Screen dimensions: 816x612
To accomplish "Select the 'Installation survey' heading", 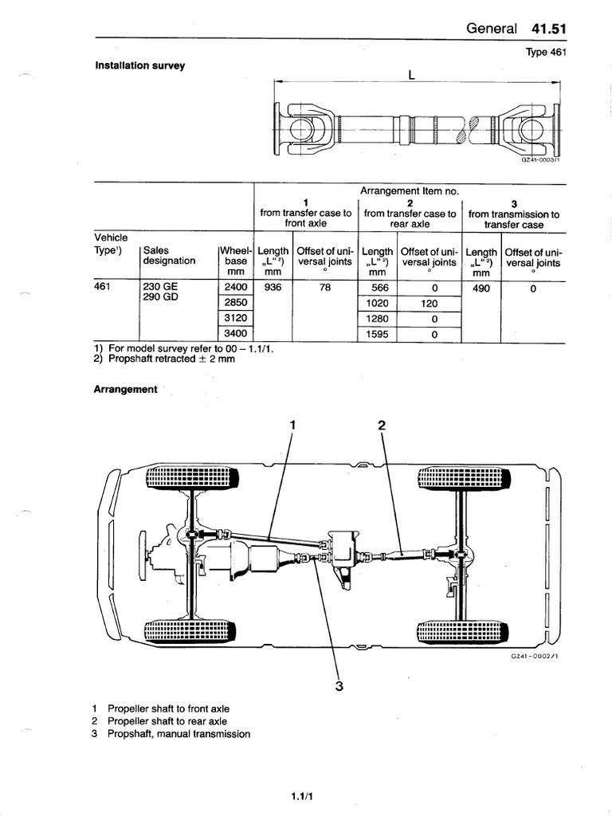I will pos(140,65).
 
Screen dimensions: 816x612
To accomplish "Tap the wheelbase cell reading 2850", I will pos(236,303).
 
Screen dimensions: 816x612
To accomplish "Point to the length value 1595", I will pos(378,335).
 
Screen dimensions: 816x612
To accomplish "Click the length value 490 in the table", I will pos(481,288).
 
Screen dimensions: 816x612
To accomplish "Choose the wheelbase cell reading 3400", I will pos(236,335).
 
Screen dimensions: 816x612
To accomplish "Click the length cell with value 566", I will pos(379,288).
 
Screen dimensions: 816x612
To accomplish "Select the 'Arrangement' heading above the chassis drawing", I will pos(126,390).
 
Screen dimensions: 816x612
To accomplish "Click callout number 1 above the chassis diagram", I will pos(292,425).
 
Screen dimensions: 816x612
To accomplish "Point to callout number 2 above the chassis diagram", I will pos(382,425).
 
